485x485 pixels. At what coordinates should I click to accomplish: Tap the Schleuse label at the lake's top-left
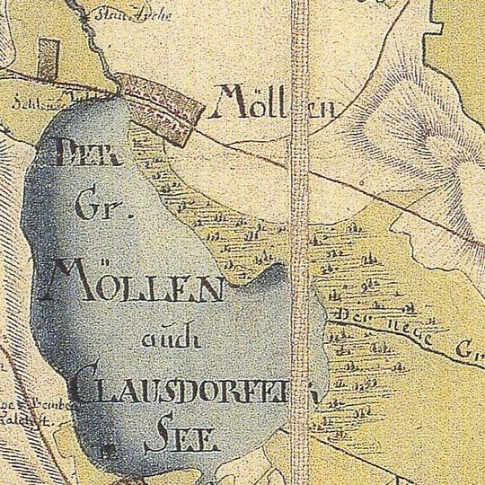coord(30,101)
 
